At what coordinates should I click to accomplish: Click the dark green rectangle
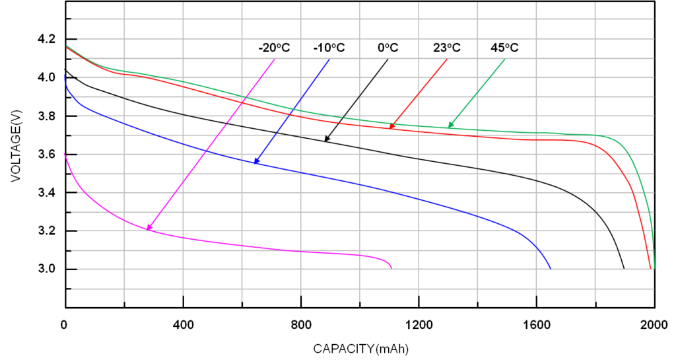[215, 187]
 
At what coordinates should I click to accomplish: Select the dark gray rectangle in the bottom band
[98, 260]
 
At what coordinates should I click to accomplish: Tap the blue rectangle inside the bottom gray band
[566, 259]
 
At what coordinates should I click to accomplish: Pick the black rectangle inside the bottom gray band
[631, 259]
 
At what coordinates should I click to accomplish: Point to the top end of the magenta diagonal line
[274, 59]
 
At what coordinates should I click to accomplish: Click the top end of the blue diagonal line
[329, 59]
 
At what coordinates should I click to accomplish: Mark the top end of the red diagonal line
[446, 59]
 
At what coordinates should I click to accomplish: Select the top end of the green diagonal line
[504, 59]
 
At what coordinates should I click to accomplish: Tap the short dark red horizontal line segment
[513, 94]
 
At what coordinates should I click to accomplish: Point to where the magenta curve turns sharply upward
[149, 229]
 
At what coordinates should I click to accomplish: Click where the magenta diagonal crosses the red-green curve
[244, 100]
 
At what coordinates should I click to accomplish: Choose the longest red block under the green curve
[537, 145]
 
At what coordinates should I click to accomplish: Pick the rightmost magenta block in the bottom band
[389, 261]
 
